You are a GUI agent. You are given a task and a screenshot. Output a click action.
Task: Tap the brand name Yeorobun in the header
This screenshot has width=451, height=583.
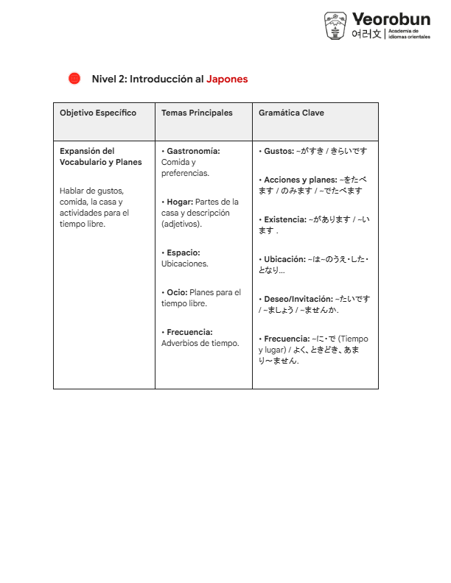click(391, 18)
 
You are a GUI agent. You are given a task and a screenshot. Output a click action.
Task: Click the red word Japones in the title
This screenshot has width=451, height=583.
click(227, 79)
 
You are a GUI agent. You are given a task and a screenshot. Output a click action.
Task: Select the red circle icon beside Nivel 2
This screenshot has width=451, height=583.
click(74, 79)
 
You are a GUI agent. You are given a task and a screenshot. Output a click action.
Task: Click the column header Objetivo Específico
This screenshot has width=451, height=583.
click(98, 113)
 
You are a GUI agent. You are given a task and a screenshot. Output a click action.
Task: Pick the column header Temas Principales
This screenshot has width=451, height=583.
click(197, 113)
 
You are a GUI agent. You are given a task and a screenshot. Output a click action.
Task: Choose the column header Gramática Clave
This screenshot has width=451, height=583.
click(291, 113)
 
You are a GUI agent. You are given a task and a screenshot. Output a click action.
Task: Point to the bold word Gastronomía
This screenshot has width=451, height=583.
click(193, 151)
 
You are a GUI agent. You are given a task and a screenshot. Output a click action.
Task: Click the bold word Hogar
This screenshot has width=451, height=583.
click(180, 202)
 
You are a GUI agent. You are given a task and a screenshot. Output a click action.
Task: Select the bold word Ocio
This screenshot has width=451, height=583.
click(177, 292)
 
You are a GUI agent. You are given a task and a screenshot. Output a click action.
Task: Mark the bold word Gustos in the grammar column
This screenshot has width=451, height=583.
click(279, 151)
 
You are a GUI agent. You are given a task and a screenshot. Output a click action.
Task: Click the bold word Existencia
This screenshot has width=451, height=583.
click(286, 219)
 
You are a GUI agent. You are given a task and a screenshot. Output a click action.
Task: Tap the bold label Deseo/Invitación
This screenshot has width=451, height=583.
click(298, 299)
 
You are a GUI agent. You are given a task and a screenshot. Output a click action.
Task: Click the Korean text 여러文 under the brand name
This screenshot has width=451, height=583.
click(366, 34)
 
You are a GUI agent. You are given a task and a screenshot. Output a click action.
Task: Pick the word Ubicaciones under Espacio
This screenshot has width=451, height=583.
click(185, 264)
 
